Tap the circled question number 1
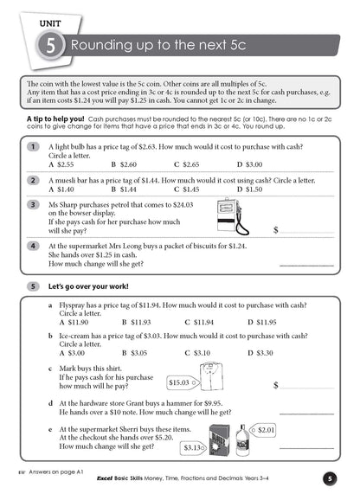(x=32, y=146)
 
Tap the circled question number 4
(x=32, y=246)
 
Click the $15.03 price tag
(x=179, y=381)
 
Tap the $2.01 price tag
(x=266, y=429)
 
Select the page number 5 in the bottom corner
(x=330, y=478)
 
